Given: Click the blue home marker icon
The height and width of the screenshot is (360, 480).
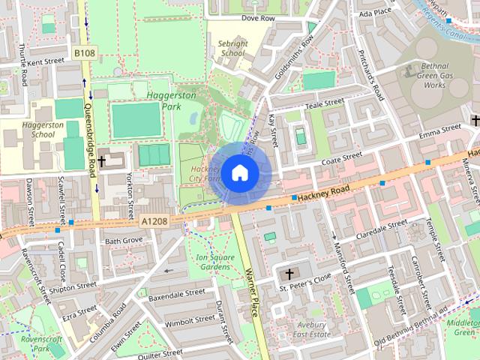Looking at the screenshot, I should (239, 173).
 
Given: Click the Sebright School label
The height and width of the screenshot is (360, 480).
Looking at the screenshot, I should (233, 49).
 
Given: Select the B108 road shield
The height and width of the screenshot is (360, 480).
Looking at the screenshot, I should (84, 52).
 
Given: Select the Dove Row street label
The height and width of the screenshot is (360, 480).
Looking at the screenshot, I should (259, 17).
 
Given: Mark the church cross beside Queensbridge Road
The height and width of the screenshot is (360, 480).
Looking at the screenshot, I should (101, 161).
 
